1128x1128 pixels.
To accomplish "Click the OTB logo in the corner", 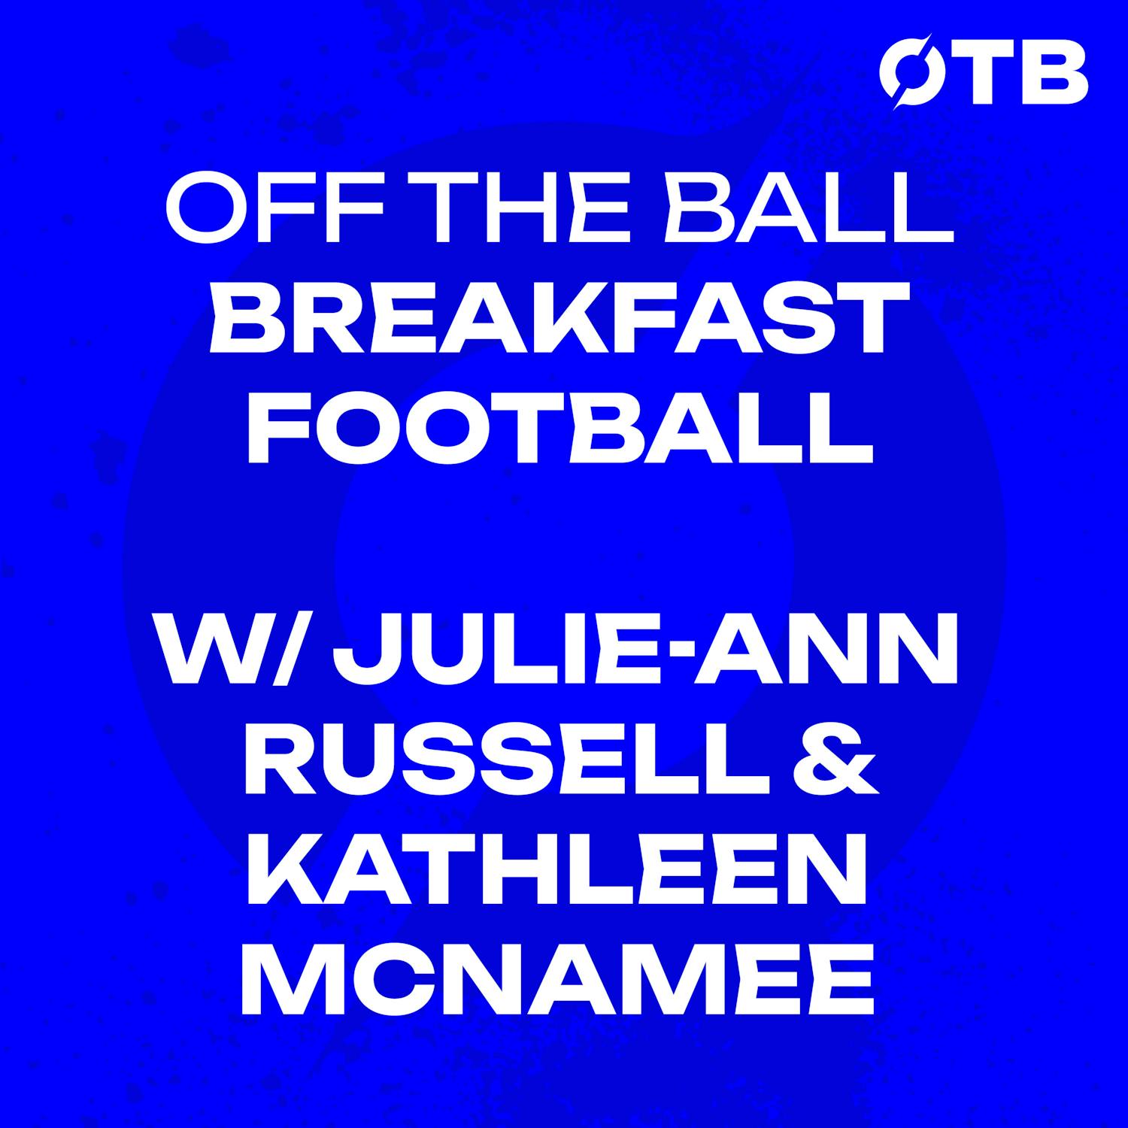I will tap(983, 72).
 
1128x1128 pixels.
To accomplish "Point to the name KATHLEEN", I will tap(556, 885).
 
